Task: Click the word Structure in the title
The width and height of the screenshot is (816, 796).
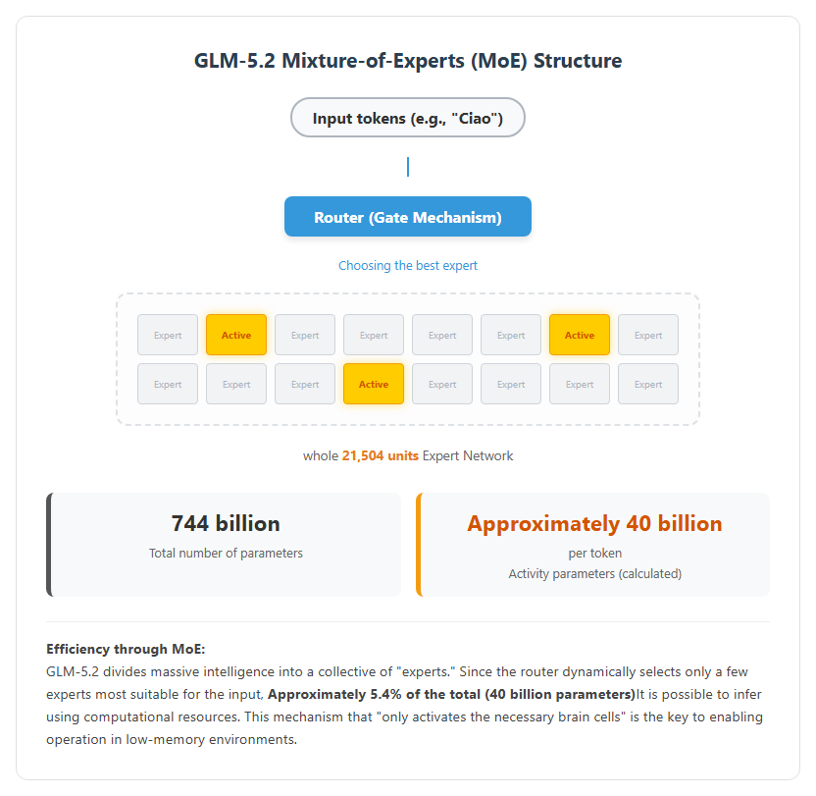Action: click(x=578, y=61)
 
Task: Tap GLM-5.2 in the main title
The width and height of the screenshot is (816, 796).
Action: click(x=234, y=61)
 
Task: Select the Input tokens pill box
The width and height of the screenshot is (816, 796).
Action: click(x=407, y=118)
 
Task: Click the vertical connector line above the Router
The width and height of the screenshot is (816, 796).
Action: click(x=408, y=167)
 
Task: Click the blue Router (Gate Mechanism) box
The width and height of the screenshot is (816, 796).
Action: click(x=407, y=217)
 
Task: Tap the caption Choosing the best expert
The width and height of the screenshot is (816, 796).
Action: click(x=407, y=266)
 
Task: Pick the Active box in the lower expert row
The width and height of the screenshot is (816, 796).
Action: click(x=373, y=384)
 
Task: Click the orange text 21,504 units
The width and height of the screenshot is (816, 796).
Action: click(x=380, y=455)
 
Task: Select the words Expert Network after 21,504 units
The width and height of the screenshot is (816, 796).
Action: click(x=468, y=455)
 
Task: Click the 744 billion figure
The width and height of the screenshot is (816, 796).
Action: click(x=226, y=523)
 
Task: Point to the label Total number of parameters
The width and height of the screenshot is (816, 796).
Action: click(x=226, y=554)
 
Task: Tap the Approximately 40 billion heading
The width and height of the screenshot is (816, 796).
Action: click(x=594, y=523)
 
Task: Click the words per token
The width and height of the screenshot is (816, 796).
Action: click(x=594, y=554)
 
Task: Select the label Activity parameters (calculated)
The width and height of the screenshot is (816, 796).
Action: click(x=594, y=573)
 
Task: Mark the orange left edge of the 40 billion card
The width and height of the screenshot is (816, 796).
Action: click(x=419, y=545)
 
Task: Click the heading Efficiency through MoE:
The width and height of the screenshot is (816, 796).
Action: click(x=126, y=649)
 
